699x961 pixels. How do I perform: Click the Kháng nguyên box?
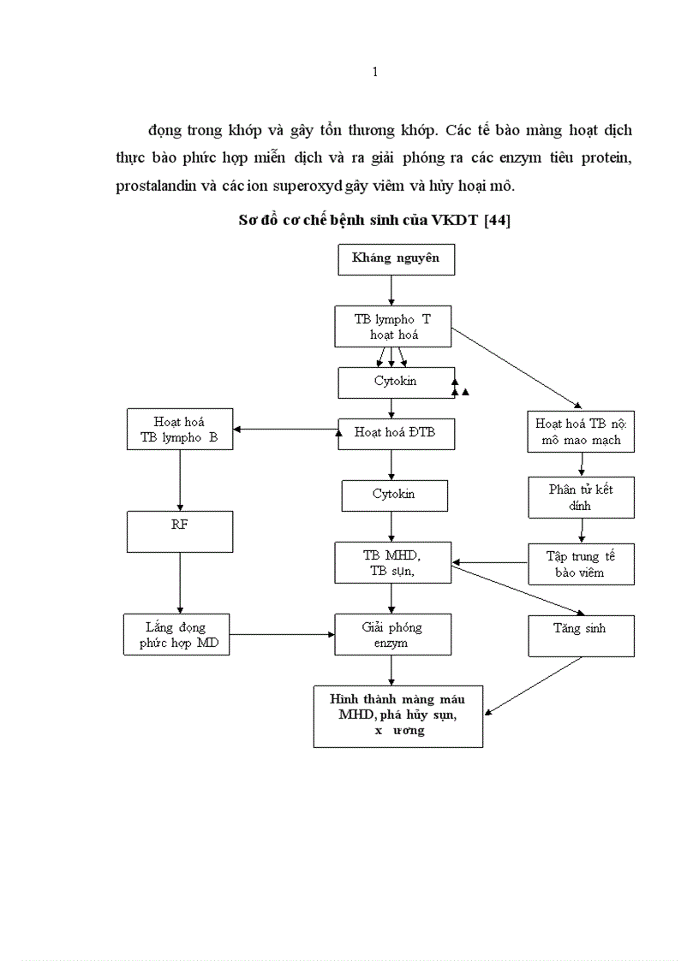[x=396, y=259]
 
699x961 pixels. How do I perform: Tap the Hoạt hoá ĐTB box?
[x=395, y=433]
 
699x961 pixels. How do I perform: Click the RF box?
[x=180, y=531]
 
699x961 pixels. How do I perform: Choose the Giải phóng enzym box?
[x=391, y=635]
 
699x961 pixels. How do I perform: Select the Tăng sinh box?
[x=580, y=636]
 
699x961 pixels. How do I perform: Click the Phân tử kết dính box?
[x=581, y=497]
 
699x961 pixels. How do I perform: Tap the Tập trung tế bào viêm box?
[x=580, y=565]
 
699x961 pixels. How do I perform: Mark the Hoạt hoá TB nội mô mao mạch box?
[x=581, y=432]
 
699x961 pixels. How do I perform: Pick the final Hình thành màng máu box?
[x=397, y=716]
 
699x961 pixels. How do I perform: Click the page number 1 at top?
[x=375, y=72]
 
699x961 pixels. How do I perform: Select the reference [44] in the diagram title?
[x=498, y=221]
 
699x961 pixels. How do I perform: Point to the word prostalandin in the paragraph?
[x=152, y=187]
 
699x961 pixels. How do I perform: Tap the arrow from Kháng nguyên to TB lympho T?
[x=391, y=291]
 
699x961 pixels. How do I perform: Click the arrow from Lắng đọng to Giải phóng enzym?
[x=283, y=635]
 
